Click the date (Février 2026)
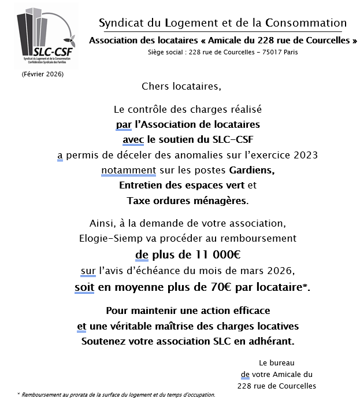[x=43, y=75]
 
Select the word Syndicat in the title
[x=120, y=24]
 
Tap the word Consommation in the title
[x=306, y=24]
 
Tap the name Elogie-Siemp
[x=110, y=238]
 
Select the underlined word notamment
[x=129, y=171]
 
